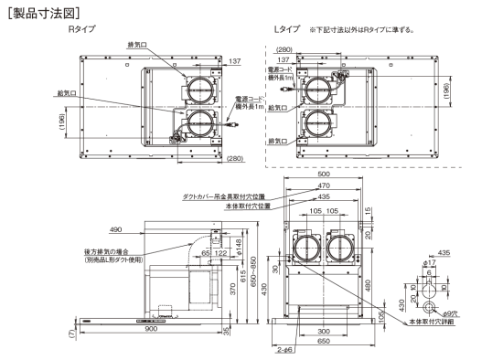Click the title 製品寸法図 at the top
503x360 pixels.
(44, 14)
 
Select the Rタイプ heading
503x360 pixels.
(82, 29)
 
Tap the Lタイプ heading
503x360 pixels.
(287, 29)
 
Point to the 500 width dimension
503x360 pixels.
(324, 175)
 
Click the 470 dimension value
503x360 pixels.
(324, 185)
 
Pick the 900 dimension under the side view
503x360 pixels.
(151, 329)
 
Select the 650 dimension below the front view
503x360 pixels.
(324, 342)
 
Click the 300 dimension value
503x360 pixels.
(324, 332)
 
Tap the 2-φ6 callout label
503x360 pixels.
(284, 350)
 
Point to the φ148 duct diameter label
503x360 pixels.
(239, 246)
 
